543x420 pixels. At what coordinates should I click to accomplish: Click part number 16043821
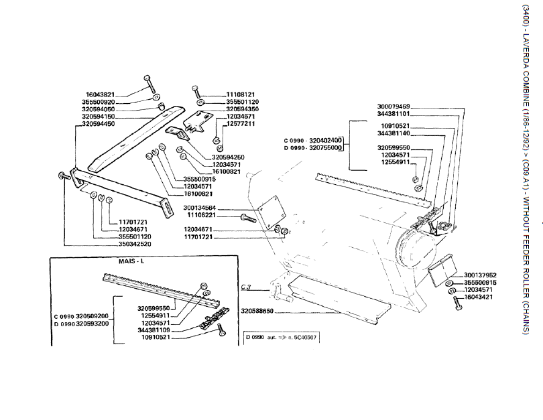[x=101, y=94]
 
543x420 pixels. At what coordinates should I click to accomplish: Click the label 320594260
[x=226, y=157]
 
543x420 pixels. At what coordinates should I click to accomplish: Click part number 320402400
[x=325, y=140]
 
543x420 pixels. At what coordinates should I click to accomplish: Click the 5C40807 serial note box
[x=281, y=338]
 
